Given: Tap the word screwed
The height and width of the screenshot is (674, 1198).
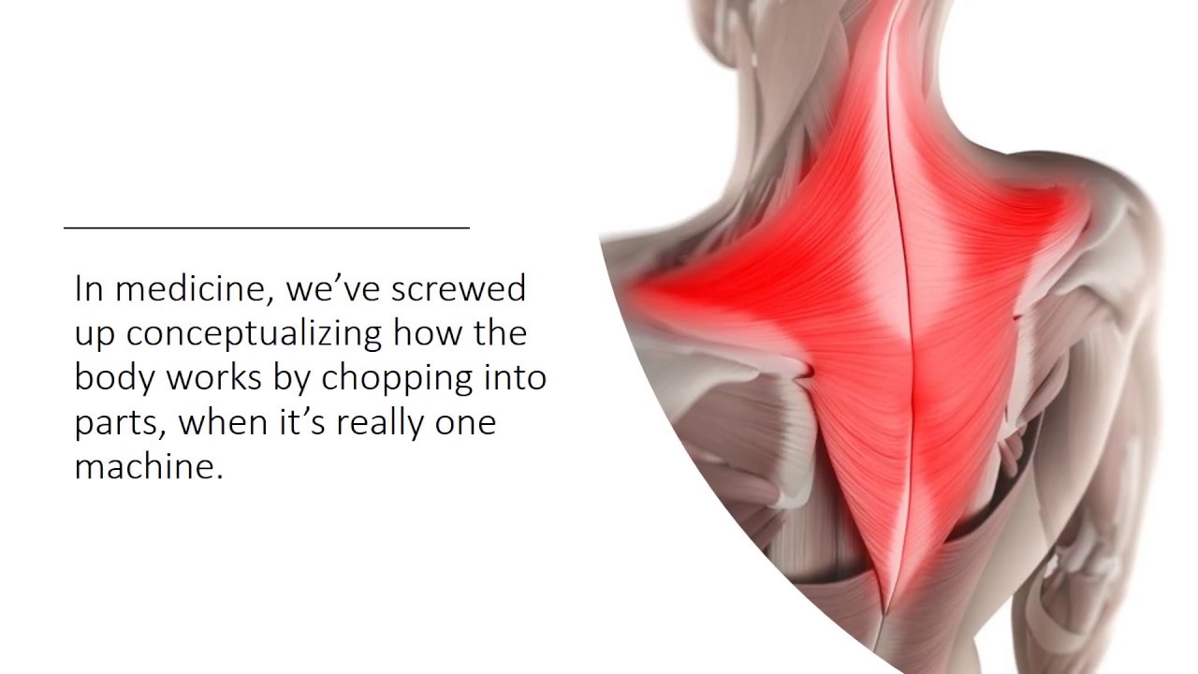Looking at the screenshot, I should click(459, 289).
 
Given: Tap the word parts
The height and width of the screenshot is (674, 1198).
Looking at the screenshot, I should click(118, 423).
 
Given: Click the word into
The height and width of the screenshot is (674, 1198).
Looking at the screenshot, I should click(515, 378).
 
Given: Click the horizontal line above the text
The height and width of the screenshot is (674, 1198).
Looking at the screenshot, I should click(267, 227).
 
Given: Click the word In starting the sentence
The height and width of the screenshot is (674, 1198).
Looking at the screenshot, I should click(89, 289).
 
